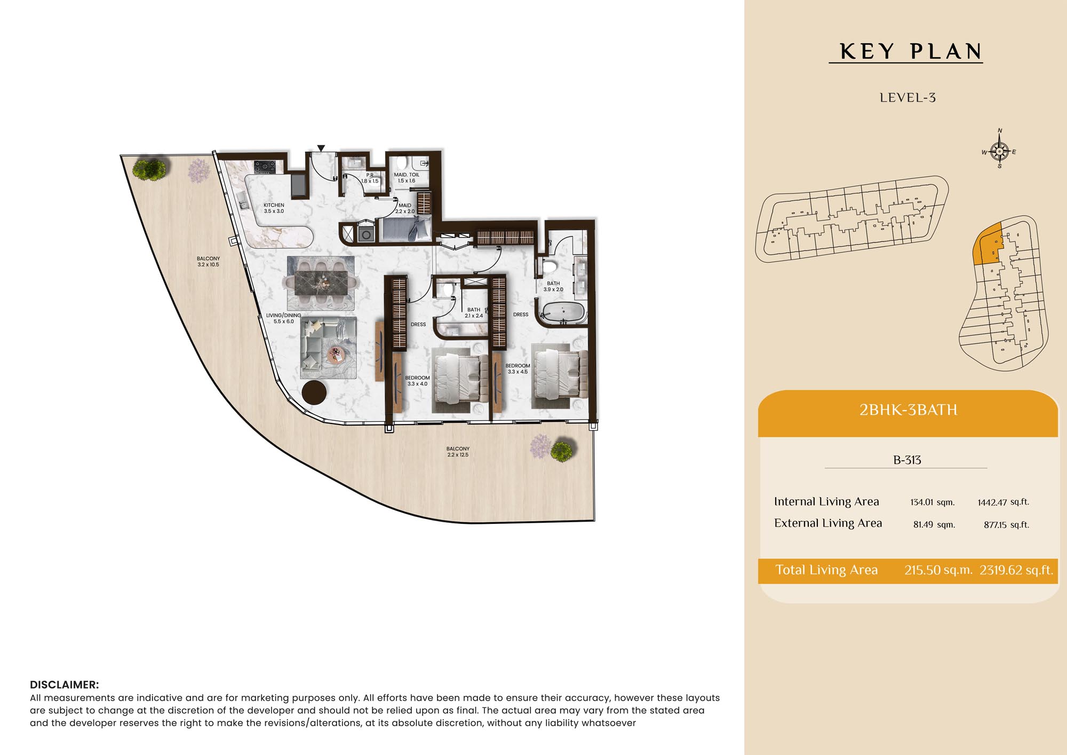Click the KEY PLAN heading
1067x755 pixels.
[911, 52]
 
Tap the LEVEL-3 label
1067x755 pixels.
[907, 98]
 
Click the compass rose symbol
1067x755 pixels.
[1000, 151]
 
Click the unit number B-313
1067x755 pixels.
[907, 460]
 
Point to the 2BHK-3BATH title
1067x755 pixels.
[908, 410]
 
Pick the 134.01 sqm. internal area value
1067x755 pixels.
[933, 502]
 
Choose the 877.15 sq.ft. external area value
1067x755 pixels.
[1006, 525]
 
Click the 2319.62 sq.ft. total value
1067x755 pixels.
[1016, 570]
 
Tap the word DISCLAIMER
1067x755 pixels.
[64, 685]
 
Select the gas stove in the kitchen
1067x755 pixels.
[265, 167]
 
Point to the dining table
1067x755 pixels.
[321, 283]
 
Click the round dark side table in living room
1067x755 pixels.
[314, 392]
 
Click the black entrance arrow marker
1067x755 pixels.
[321, 148]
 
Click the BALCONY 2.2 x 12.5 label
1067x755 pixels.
[458, 452]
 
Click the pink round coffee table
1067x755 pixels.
[336, 353]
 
